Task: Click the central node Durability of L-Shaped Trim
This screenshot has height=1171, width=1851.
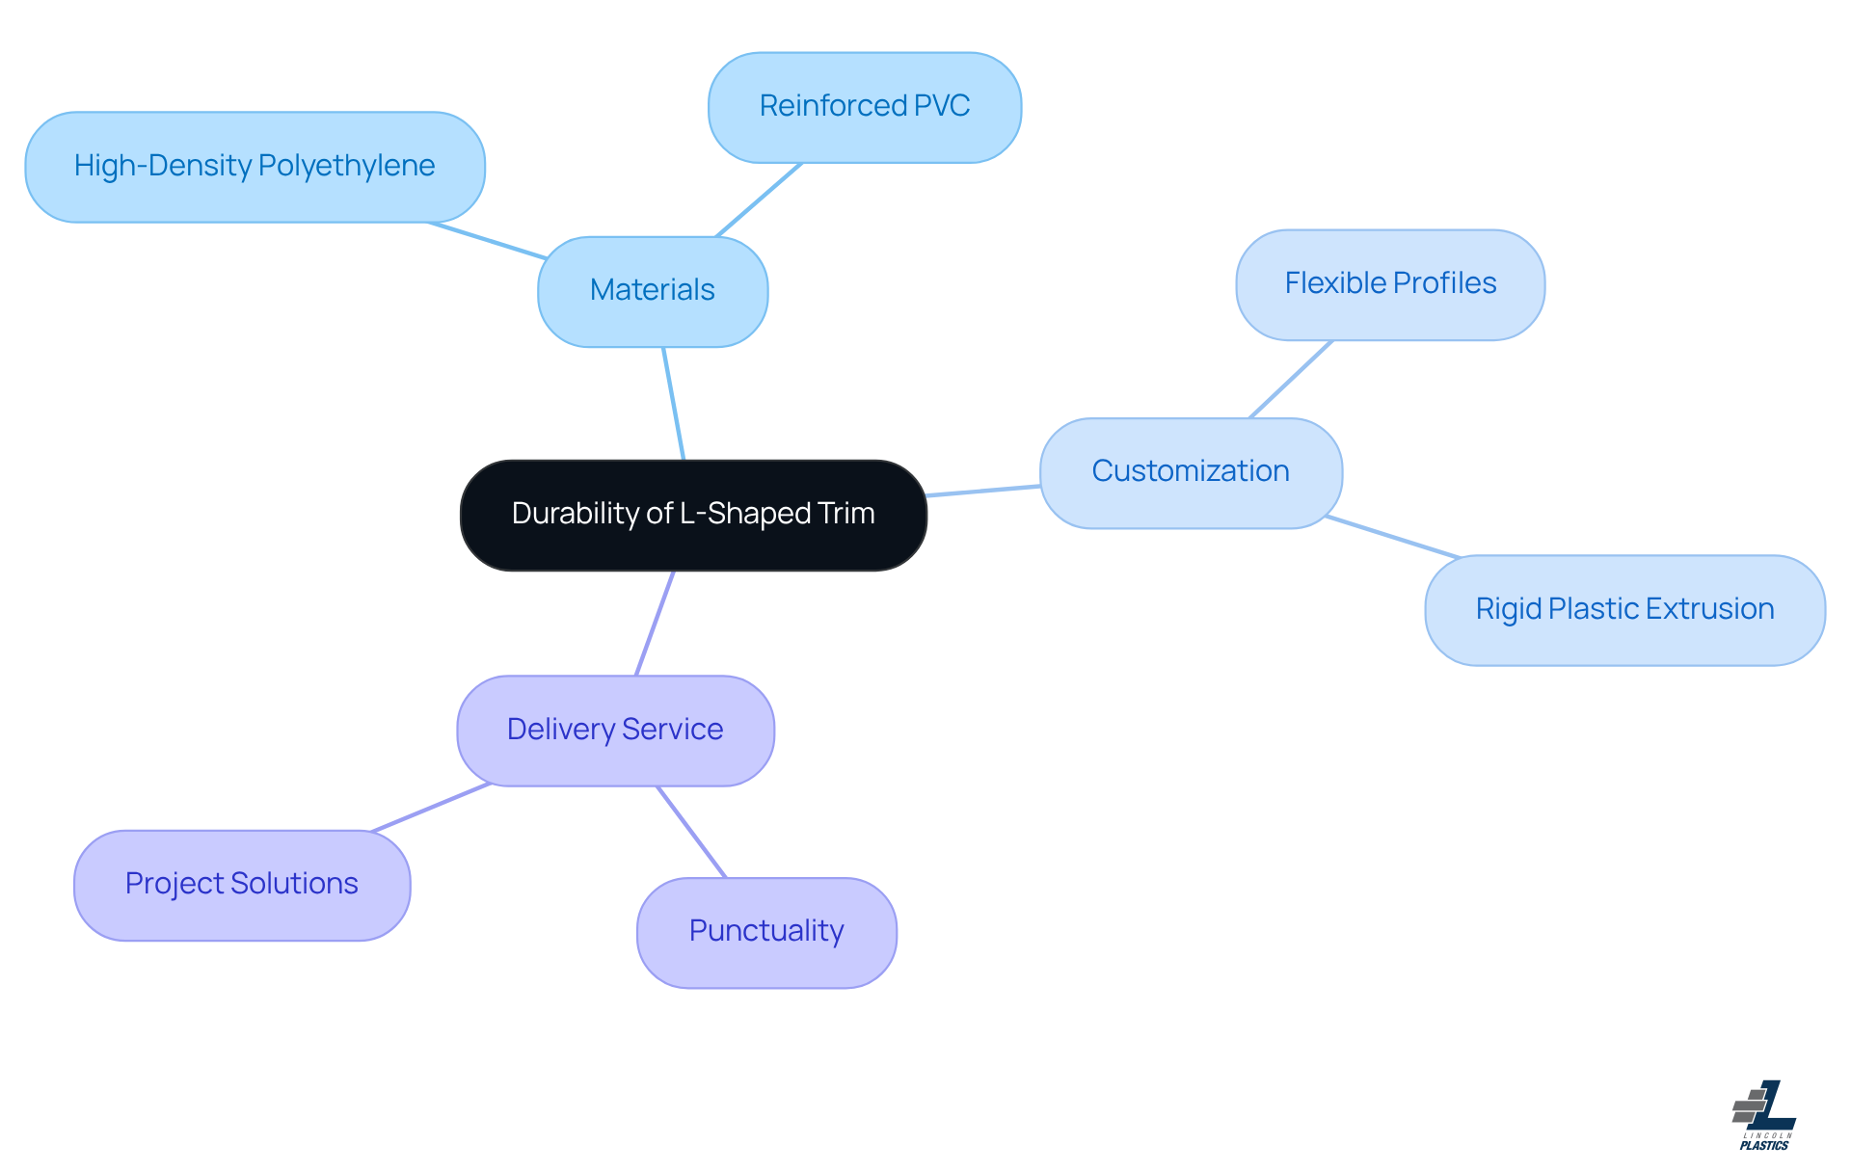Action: click(693, 515)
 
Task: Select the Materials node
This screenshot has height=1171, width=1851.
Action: click(653, 291)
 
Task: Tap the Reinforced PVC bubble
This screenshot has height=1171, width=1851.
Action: click(864, 107)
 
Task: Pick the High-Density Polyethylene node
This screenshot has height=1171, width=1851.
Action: click(255, 167)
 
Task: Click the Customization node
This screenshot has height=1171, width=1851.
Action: click(1191, 472)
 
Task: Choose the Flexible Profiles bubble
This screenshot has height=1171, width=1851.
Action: click(1390, 284)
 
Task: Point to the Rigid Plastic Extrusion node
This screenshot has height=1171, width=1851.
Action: click(1624, 610)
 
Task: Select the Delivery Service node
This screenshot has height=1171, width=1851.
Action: click(615, 731)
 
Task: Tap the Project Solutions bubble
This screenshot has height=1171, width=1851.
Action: click(242, 885)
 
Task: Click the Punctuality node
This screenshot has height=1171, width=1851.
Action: click(766, 932)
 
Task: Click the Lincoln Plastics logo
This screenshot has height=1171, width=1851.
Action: click(1764, 1115)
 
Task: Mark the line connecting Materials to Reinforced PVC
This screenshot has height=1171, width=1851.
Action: click(759, 200)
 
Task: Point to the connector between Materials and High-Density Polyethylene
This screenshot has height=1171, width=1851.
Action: click(488, 241)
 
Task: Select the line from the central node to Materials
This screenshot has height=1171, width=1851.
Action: click(674, 404)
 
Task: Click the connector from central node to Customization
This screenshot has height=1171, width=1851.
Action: click(983, 492)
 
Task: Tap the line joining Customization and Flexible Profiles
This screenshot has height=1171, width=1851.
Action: click(1291, 379)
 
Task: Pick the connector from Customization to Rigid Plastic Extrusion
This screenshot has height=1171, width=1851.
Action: click(1393, 537)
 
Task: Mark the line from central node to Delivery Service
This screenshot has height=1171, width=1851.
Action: click(655, 624)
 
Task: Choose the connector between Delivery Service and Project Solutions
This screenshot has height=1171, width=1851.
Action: click(431, 807)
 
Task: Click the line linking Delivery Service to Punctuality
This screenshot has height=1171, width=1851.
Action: click(691, 832)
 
